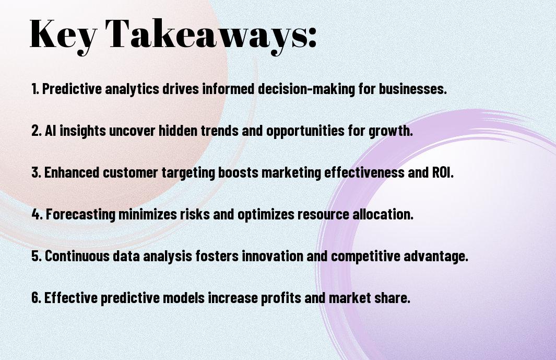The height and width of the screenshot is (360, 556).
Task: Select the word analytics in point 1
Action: (x=132, y=89)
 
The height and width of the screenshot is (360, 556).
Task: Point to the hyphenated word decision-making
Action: (x=306, y=89)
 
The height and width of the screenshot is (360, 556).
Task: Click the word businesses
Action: (x=413, y=89)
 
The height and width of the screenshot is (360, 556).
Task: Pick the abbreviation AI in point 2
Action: (x=50, y=131)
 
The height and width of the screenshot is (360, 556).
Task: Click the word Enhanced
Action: (x=72, y=172)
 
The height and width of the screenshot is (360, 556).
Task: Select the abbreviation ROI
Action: (x=443, y=172)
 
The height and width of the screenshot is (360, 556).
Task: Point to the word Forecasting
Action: (x=80, y=214)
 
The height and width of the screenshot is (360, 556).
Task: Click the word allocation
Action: (x=383, y=214)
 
